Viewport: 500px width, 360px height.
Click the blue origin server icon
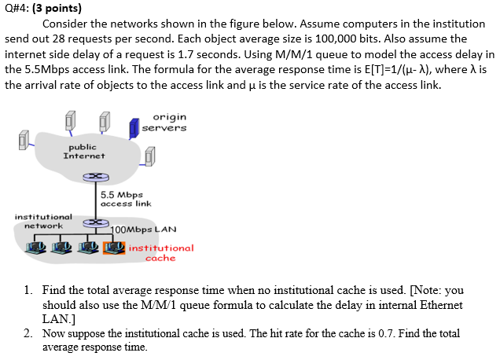(134, 124)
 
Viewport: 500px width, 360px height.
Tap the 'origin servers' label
(164, 122)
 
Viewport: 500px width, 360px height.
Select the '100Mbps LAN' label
(144, 230)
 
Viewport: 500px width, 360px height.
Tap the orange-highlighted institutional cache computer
(115, 248)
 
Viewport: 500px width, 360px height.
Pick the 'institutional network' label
(43, 221)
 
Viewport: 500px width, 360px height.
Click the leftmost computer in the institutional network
(35, 248)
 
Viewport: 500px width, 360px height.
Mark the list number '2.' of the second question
(28, 333)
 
